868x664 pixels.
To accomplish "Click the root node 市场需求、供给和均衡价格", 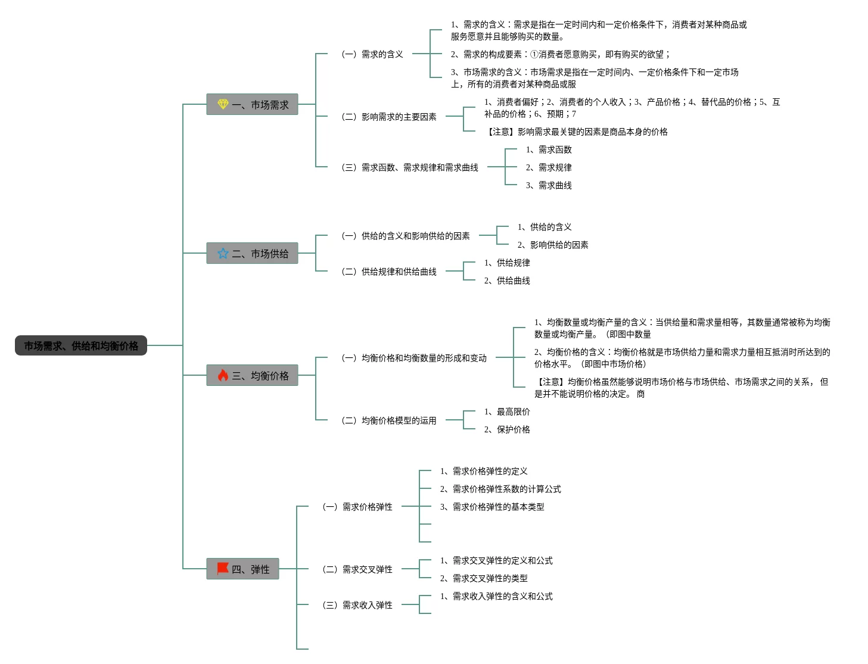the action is pos(80,345).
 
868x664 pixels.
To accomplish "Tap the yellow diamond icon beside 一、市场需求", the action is pos(223,104).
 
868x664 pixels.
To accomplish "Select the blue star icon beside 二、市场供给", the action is pos(223,253).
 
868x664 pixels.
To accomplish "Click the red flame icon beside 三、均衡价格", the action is pos(223,375).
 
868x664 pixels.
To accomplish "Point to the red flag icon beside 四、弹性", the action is pos(223,568).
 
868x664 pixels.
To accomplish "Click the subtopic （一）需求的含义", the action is pos(372,54).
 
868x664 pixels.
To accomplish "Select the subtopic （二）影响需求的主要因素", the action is pos(388,117).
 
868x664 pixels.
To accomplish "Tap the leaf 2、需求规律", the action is pos(549,167).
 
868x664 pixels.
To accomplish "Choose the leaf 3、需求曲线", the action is pos(549,185).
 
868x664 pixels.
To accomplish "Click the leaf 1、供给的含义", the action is pos(545,227).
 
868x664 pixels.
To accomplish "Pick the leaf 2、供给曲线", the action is pos(507,280).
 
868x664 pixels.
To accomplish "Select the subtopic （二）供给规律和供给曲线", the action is pos(388,272).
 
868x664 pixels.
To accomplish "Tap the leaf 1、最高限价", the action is pos(507,412).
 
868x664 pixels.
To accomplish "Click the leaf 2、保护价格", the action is pos(507,429).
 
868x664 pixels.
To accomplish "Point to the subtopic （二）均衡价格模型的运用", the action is pos(388,420).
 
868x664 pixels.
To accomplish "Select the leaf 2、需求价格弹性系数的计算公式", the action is pos(500,489).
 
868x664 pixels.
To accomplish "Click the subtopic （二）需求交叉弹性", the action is pos(357,569).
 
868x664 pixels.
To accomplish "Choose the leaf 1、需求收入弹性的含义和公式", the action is pos(496,596).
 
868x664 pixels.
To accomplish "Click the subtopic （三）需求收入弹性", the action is pos(357,605).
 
